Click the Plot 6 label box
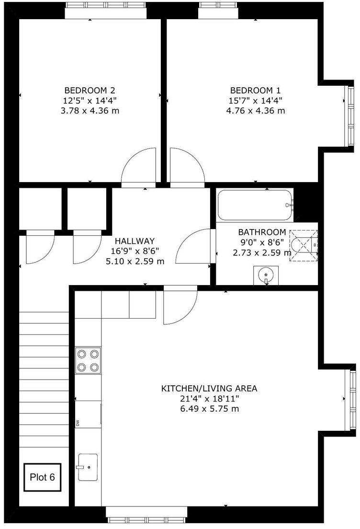43,477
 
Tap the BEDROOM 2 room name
90,90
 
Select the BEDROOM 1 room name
255,90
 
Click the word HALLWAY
135,241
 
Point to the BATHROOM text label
262,232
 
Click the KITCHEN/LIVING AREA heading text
209,388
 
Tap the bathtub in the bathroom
254,205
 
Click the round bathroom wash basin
266,276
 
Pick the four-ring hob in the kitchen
88,360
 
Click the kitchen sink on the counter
88,467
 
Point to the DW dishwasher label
77,423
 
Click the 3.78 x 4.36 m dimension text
90,111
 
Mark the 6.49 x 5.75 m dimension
209,409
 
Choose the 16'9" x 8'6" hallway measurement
135,251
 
